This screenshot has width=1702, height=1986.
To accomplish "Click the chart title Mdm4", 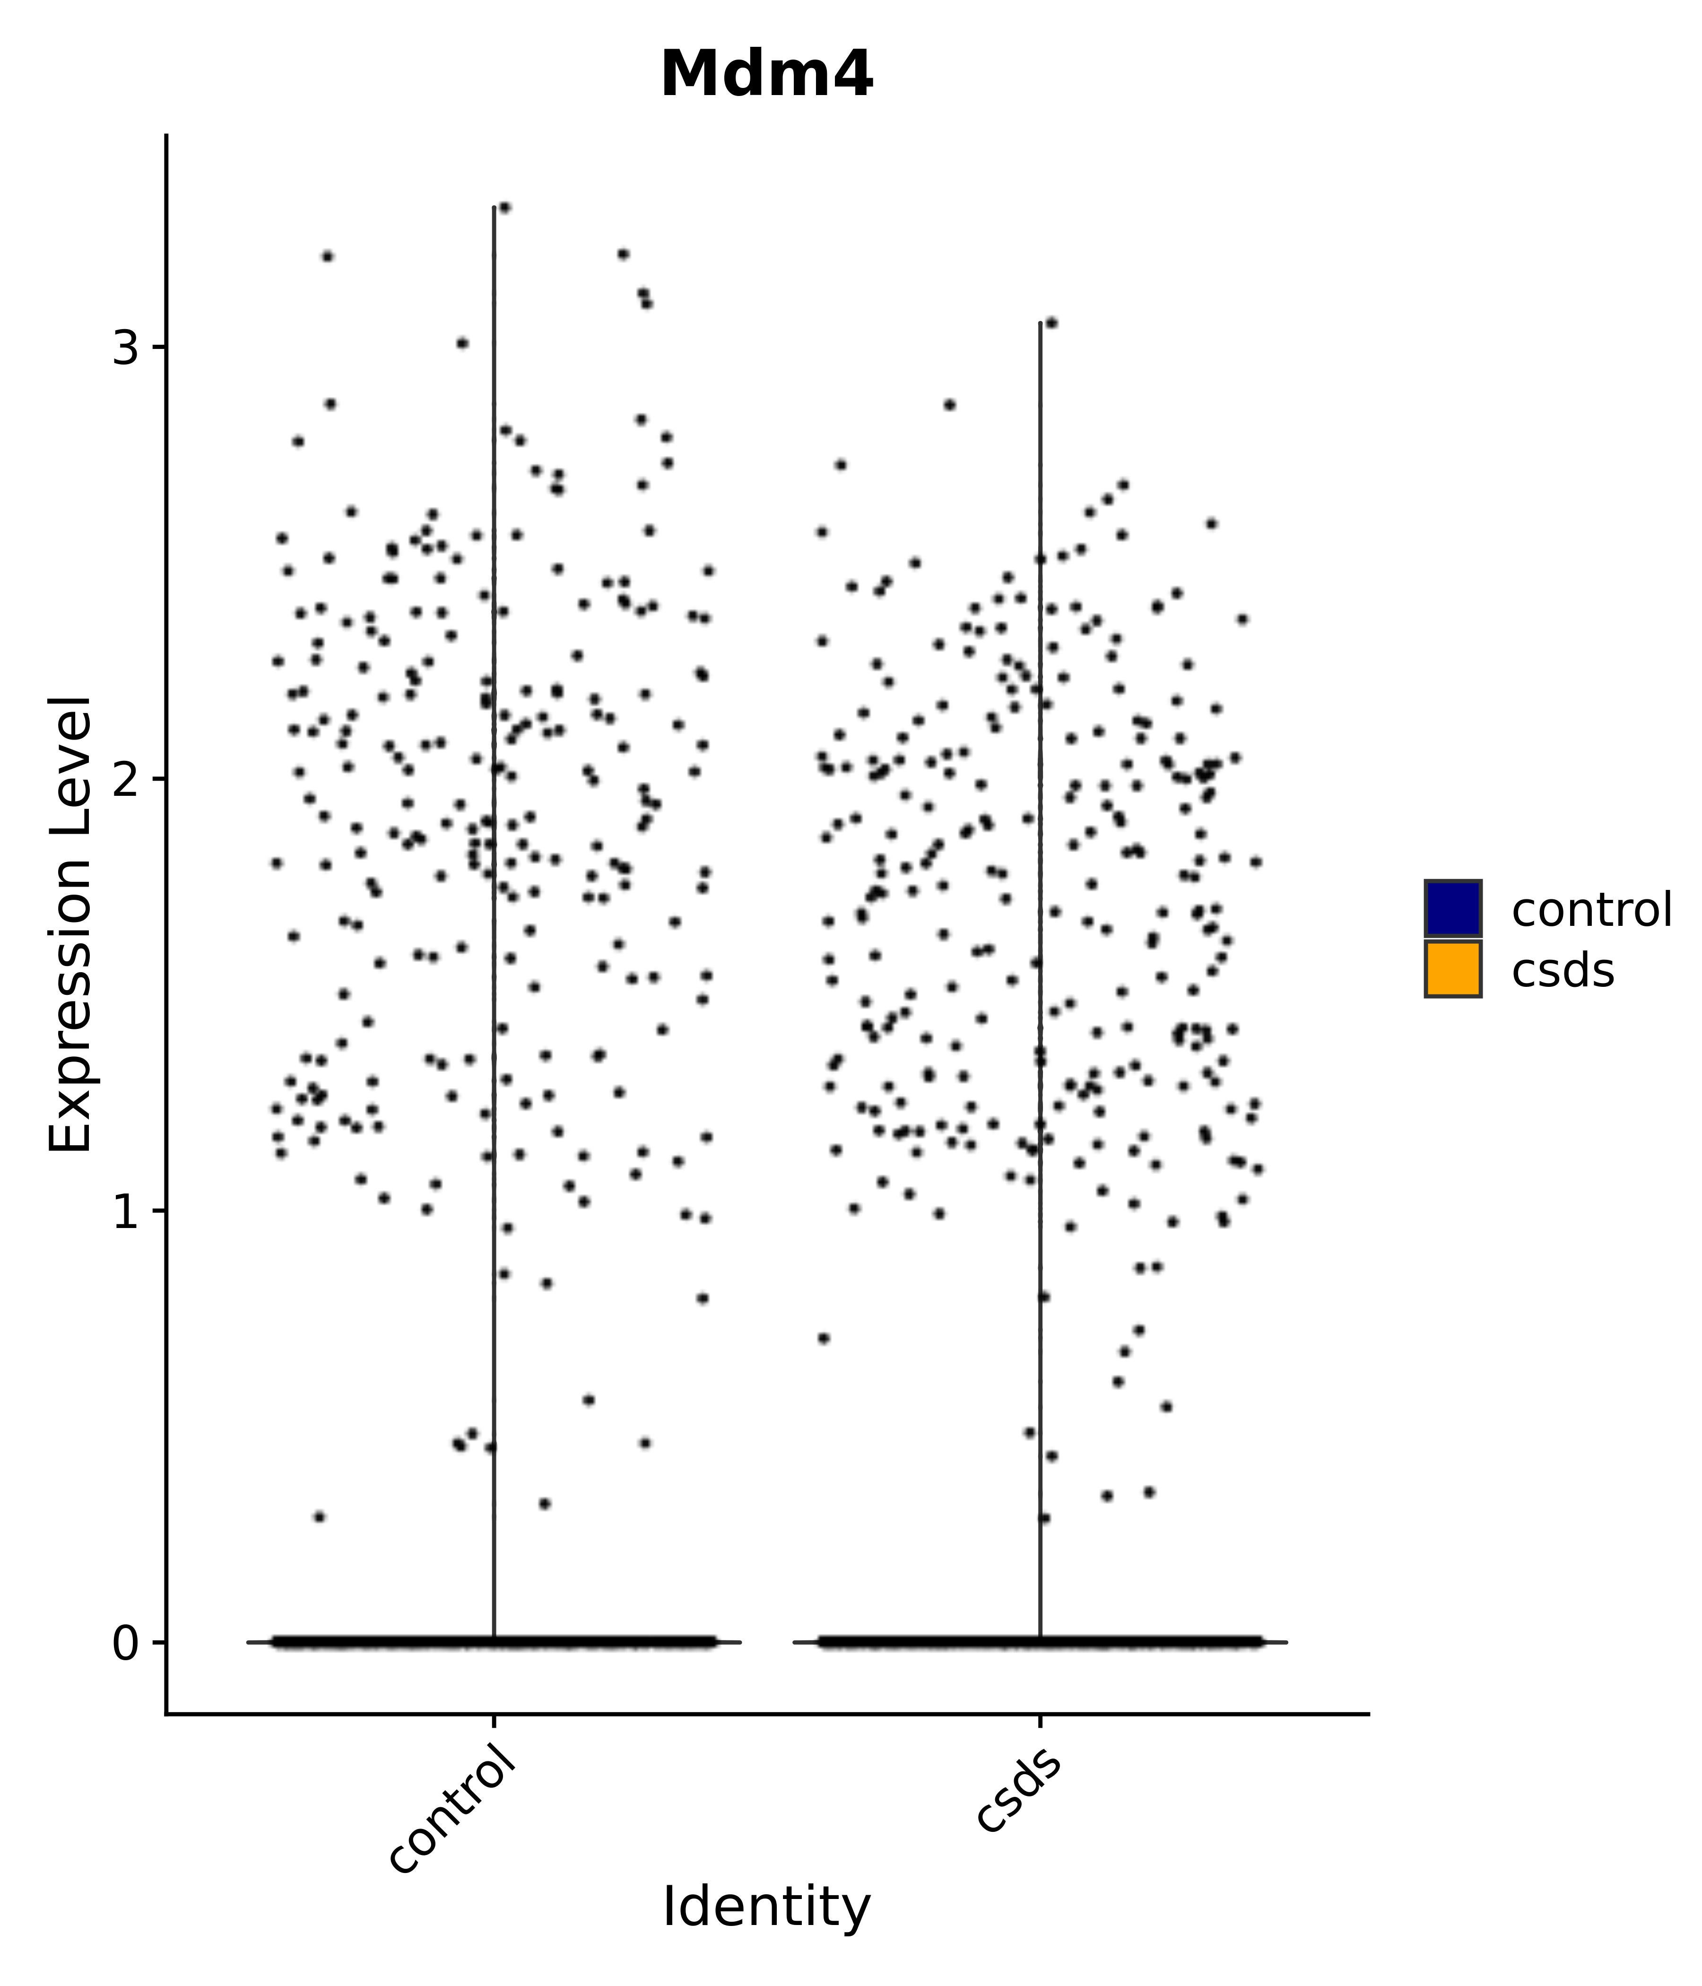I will click(766, 75).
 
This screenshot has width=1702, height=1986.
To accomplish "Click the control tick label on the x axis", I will click(453, 1802).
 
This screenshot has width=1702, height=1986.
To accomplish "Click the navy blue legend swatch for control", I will click(1452, 908).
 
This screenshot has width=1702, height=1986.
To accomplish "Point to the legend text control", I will click(1591, 910).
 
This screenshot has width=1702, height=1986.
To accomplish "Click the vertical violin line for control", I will click(494, 862).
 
